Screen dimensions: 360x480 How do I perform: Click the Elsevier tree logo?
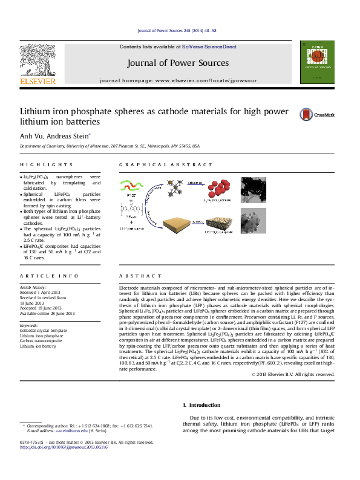click(38, 63)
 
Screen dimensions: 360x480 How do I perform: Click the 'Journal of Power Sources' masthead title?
click(178, 63)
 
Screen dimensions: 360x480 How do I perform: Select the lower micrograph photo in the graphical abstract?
click(253, 222)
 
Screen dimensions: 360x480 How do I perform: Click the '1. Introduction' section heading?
click(201, 405)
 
